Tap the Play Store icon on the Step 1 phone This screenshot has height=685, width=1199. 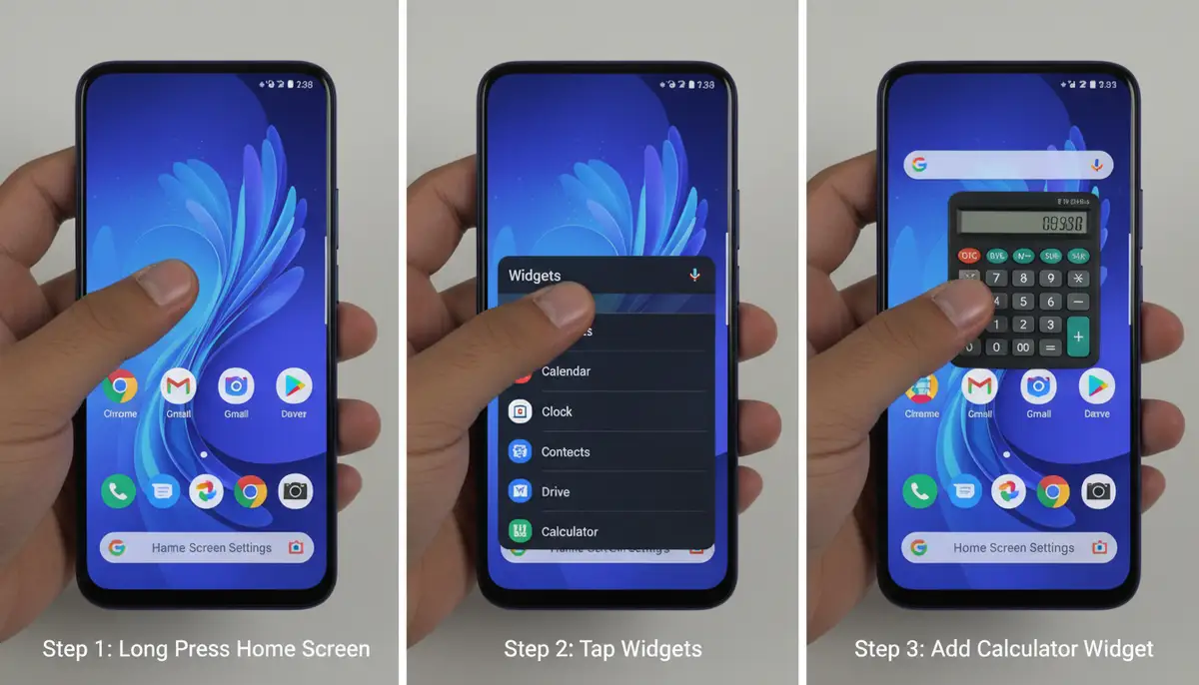point(294,385)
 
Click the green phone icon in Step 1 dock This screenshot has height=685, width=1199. point(119,490)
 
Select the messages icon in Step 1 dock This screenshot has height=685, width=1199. point(163,490)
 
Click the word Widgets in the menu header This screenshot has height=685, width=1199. point(535,276)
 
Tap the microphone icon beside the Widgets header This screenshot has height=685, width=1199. point(695,276)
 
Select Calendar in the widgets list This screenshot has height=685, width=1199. point(566,371)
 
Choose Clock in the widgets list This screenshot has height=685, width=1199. point(557,411)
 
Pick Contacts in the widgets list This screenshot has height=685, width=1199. point(566,451)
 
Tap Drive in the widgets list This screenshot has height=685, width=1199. point(556,491)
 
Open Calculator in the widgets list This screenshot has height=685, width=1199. point(570,531)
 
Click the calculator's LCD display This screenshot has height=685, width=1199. point(1022,224)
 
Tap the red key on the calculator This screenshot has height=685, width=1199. point(969,256)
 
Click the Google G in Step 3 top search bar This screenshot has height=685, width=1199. point(919,165)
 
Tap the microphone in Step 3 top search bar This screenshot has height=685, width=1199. point(1096,165)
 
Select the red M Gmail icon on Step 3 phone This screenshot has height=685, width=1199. point(980,386)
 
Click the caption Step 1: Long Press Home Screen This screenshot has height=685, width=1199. point(206,649)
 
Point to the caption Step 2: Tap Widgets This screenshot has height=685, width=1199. point(602,649)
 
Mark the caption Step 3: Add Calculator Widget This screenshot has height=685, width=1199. point(1003,649)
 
